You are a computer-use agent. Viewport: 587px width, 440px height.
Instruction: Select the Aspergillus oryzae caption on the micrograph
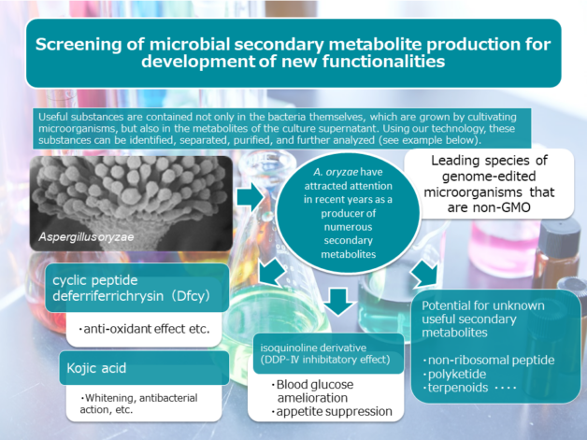click(86, 237)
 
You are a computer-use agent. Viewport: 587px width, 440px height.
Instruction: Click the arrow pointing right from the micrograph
click(251, 196)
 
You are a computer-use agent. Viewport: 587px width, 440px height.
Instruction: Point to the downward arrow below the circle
click(338, 302)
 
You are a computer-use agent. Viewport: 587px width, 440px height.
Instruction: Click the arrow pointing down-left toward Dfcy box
click(272, 272)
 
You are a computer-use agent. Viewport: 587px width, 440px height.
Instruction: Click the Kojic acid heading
click(96, 368)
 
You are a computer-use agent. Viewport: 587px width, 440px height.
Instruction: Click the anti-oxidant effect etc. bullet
click(144, 329)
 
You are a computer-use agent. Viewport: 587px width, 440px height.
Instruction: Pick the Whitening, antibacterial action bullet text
click(138, 404)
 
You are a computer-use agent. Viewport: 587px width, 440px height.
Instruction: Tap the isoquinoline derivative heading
click(313, 348)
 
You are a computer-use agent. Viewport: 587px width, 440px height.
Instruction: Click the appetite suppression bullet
click(332, 411)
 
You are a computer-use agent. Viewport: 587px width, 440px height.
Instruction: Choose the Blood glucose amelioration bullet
click(312, 391)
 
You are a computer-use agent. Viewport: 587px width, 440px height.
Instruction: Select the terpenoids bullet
click(455, 388)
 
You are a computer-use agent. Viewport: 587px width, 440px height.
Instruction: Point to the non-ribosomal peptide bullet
click(489, 360)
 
